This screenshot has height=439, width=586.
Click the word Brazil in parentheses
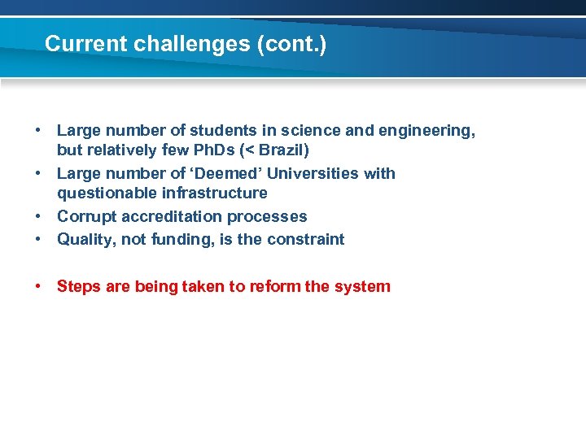[281, 150]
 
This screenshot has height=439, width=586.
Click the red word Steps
[78, 287]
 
